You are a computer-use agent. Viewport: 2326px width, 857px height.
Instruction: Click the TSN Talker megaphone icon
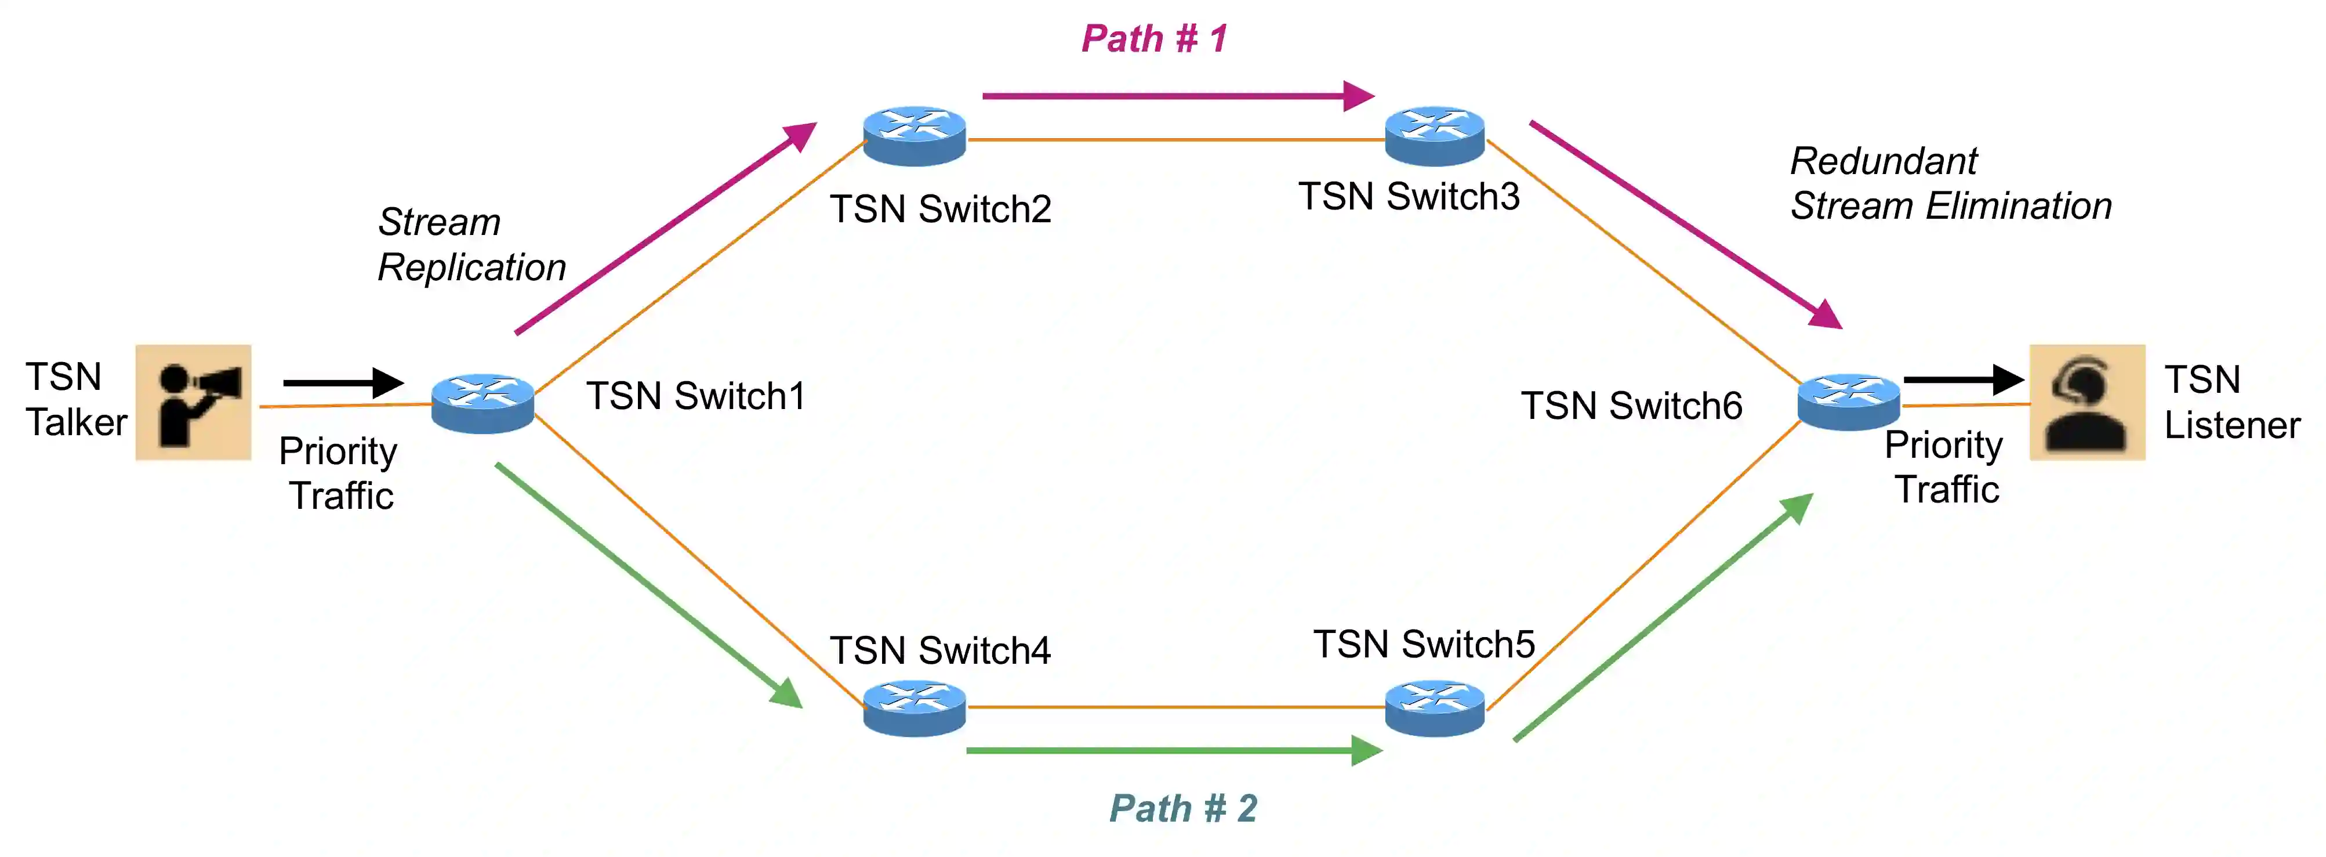pyautogui.click(x=193, y=402)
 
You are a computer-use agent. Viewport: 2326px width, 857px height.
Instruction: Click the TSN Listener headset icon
pyautogui.click(x=2086, y=402)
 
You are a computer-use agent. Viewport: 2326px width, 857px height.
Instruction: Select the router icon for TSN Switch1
pyautogui.click(x=483, y=403)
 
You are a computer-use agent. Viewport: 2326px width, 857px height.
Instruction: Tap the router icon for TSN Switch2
pyautogui.click(x=915, y=136)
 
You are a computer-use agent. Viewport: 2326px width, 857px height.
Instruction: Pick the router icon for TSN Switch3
pyautogui.click(x=1435, y=136)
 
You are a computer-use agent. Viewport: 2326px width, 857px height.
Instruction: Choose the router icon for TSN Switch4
pyautogui.click(x=915, y=708)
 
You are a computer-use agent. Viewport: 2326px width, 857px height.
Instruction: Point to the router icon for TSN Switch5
pyautogui.click(x=1435, y=708)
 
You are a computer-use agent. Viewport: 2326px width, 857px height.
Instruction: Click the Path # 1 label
pyautogui.click(x=1154, y=39)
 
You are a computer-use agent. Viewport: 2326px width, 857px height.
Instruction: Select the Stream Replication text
pyautogui.click(x=471, y=245)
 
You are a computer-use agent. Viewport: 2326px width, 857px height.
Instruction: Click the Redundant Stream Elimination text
pyautogui.click(x=1951, y=183)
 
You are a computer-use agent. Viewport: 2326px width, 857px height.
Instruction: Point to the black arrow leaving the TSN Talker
pyautogui.click(x=343, y=383)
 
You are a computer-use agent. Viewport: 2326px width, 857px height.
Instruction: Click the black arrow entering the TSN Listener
pyautogui.click(x=1964, y=380)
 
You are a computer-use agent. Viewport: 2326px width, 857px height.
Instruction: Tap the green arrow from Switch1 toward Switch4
pyautogui.click(x=649, y=586)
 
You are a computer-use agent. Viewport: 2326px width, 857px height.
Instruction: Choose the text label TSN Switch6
pyautogui.click(x=1632, y=406)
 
